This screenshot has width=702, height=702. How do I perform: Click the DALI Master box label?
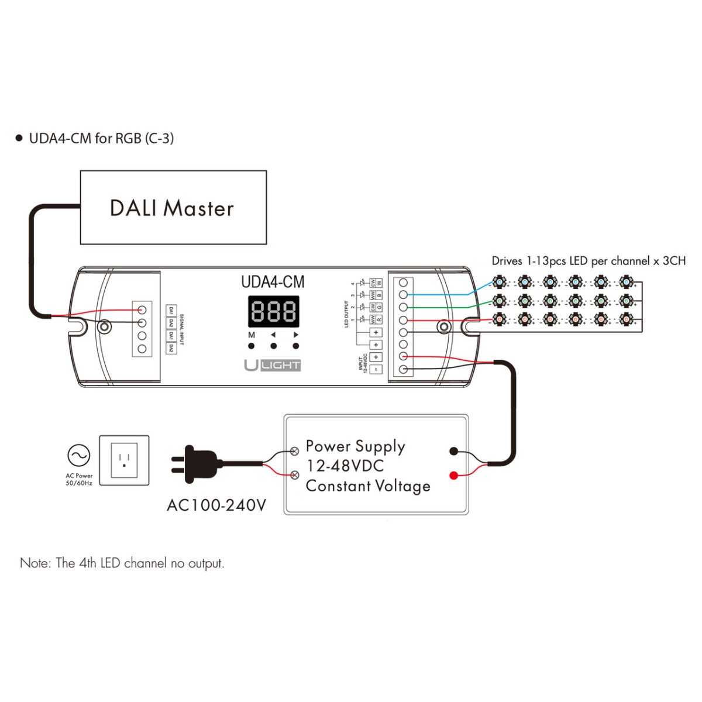coord(172,208)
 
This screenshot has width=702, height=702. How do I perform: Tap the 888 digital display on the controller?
coord(273,311)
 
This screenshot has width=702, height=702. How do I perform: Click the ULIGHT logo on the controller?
coord(273,366)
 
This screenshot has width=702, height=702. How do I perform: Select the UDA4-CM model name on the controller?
coord(273,282)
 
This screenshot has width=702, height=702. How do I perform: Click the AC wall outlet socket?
coord(124,460)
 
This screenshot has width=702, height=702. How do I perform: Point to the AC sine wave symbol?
coord(79,455)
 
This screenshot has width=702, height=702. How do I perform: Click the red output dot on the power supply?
coord(453,475)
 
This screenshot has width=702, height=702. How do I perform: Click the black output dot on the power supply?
coord(453,451)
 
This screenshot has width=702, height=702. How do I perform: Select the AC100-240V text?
coord(216,505)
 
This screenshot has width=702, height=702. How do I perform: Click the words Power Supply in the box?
coord(355,447)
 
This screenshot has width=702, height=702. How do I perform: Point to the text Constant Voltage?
coord(368,486)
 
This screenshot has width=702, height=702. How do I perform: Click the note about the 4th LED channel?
coord(122,563)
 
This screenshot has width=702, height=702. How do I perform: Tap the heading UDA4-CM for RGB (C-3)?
coord(101,139)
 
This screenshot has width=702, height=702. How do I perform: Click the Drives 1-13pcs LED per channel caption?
coord(588,261)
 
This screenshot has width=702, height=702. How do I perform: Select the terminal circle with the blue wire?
coord(403,295)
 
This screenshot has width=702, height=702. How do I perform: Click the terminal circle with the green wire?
coord(403,307)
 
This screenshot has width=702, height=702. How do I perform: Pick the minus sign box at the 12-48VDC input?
coord(376,369)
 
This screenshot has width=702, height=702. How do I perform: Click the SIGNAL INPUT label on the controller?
coord(181,329)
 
